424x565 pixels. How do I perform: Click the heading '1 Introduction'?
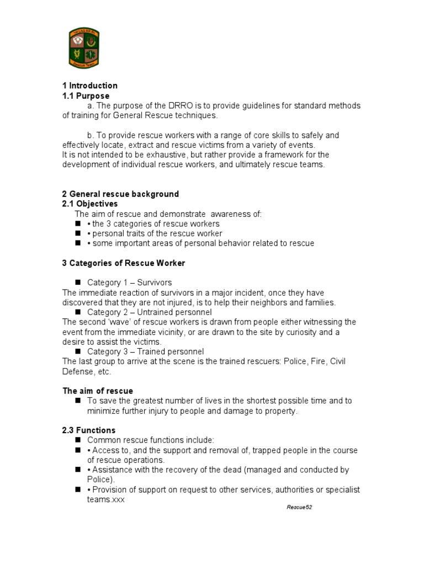click(x=89, y=86)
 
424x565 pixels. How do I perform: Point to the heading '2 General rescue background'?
click(x=120, y=194)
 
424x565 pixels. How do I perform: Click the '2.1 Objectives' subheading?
click(x=90, y=204)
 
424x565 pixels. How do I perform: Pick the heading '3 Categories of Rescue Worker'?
click(x=124, y=263)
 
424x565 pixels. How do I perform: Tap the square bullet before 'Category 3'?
click(x=77, y=351)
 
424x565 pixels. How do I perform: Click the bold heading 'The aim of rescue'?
click(x=98, y=391)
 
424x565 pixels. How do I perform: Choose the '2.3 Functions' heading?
click(x=89, y=430)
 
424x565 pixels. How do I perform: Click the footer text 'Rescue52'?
click(x=299, y=508)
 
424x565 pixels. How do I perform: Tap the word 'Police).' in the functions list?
click(x=101, y=480)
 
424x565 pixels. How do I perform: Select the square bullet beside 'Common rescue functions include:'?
click(x=77, y=440)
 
